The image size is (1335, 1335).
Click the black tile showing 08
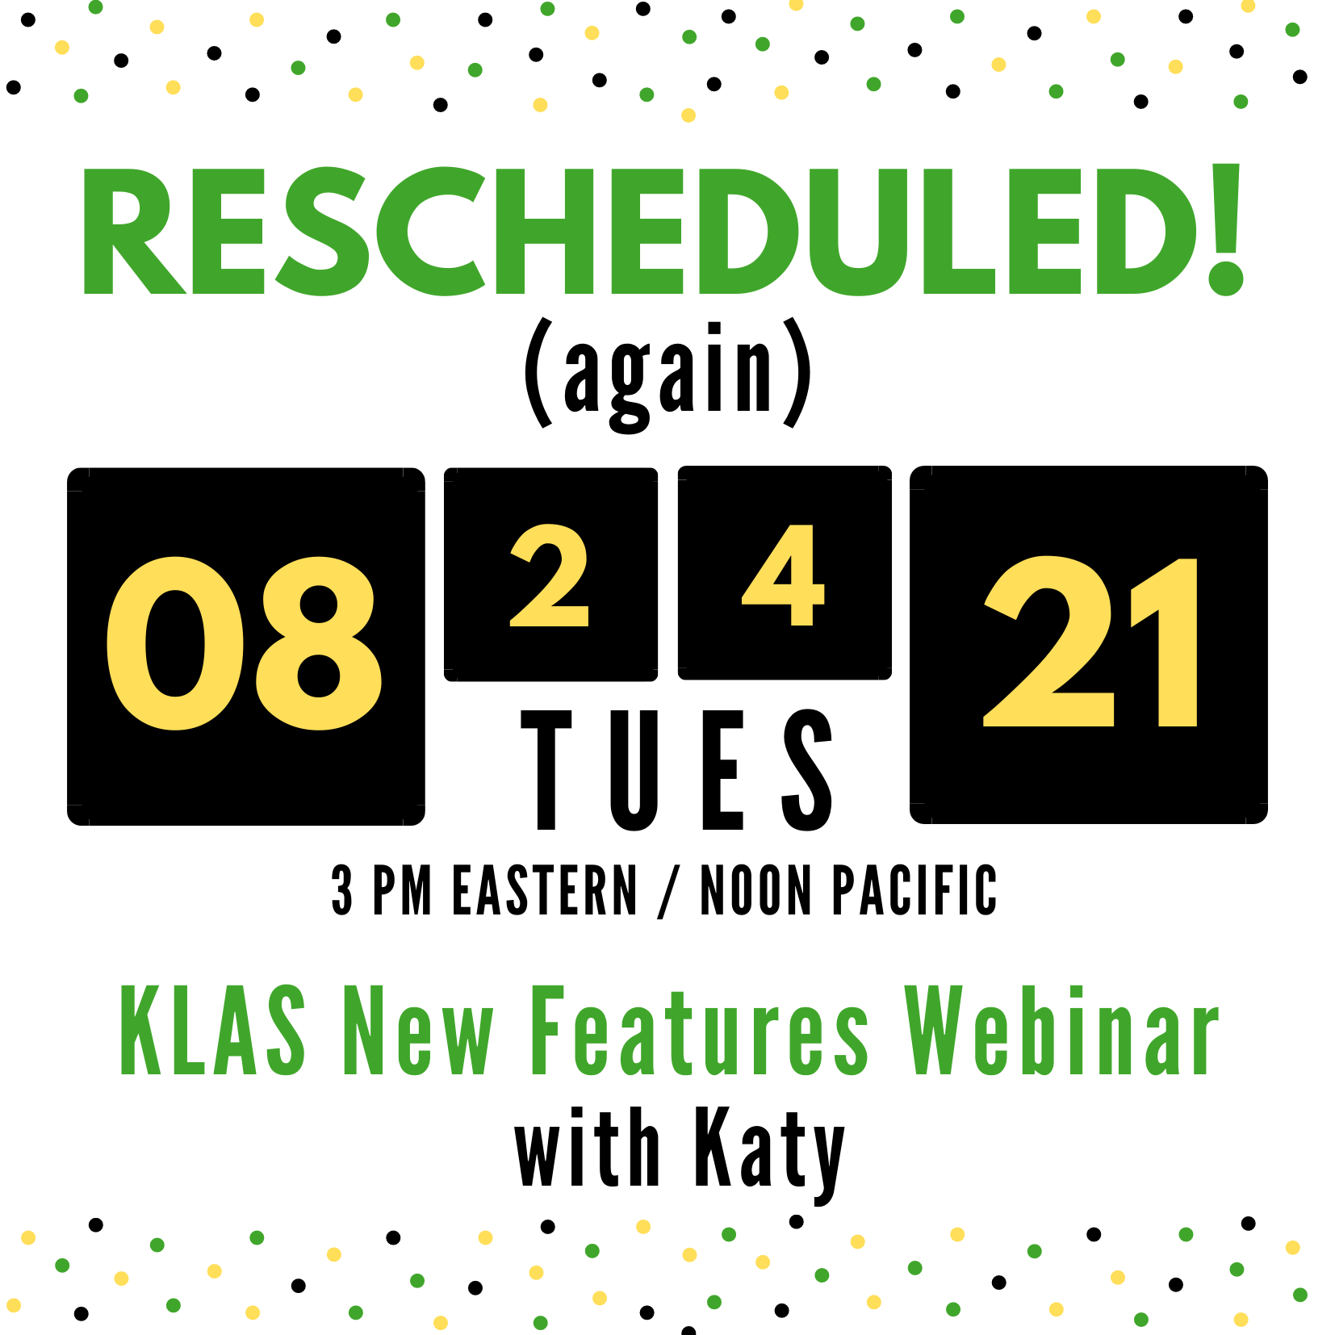pyautogui.click(x=245, y=646)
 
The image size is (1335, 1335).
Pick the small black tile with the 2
pyautogui.click(x=550, y=574)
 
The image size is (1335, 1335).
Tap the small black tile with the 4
pyautogui.click(x=785, y=573)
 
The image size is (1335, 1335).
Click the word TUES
pyautogui.click(x=676, y=770)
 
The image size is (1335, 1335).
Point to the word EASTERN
pyautogui.click(x=545, y=890)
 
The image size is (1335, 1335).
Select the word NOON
pyautogui.click(x=755, y=890)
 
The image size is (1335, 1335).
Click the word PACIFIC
pyautogui.click(x=914, y=890)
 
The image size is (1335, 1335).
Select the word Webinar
pyautogui.click(x=1061, y=1032)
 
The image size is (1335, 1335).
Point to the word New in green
pyautogui.click(x=418, y=1032)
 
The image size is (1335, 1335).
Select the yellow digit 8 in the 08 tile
pyautogui.click(x=319, y=643)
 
